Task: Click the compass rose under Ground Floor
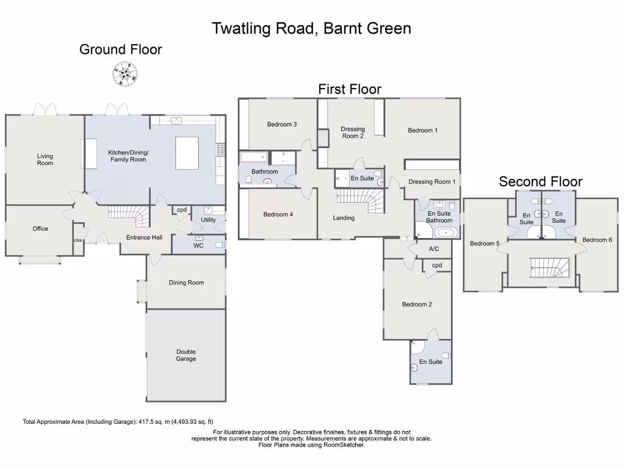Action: click(125, 75)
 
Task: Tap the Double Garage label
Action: click(186, 355)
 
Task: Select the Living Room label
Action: click(45, 159)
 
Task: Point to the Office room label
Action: click(40, 229)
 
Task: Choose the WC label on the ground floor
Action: click(198, 245)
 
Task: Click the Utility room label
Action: click(208, 220)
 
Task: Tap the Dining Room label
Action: click(186, 283)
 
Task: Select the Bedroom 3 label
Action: click(282, 125)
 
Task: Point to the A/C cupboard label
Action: click(435, 249)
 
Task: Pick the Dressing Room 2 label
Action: click(353, 133)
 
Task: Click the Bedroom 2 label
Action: click(417, 304)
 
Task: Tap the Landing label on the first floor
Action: click(344, 218)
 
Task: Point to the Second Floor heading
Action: click(540, 181)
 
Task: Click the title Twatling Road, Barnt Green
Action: click(311, 28)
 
